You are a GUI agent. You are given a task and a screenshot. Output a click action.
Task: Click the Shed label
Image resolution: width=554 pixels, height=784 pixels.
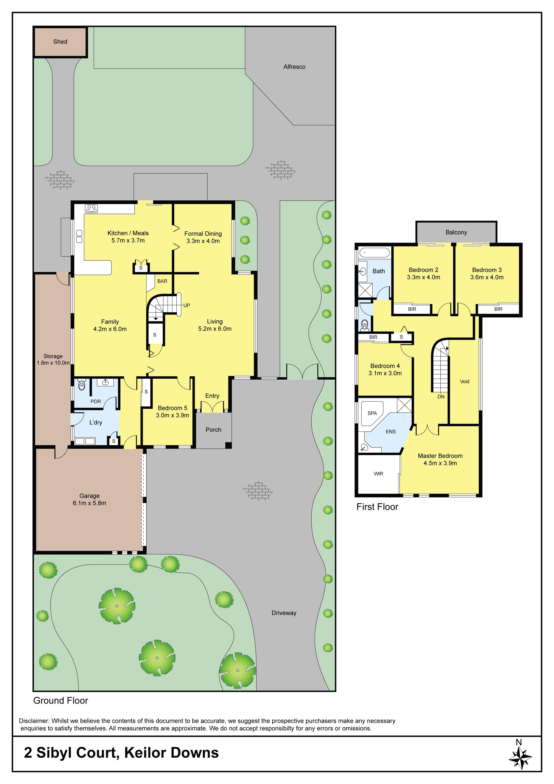point(60,42)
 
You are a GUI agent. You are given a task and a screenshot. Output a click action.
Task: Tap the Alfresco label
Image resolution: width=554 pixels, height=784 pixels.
point(294,67)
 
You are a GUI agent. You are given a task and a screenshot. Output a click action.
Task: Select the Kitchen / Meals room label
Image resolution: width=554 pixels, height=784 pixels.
point(128,233)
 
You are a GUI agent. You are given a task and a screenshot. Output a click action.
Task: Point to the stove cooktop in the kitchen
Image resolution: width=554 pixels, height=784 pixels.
point(91,208)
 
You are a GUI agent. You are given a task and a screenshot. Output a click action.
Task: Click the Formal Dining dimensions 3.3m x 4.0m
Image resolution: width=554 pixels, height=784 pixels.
point(203,241)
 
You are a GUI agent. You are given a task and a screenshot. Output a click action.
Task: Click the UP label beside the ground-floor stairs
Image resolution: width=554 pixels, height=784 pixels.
point(187,305)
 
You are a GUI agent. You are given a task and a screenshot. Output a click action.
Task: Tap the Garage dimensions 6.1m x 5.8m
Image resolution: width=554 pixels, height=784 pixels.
point(89,503)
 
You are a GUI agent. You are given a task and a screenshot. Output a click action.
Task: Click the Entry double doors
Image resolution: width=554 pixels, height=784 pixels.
point(212,407)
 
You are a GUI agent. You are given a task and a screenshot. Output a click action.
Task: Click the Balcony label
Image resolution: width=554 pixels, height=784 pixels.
point(456,232)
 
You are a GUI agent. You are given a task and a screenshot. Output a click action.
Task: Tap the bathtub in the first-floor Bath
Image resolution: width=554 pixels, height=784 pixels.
point(375,253)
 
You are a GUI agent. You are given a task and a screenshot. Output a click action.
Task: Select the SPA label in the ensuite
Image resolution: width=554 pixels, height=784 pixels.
point(372,413)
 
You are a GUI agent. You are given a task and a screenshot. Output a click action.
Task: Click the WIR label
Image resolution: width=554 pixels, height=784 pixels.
point(378,474)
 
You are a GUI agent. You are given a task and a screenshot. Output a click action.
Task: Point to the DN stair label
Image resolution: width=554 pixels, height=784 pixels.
point(441,397)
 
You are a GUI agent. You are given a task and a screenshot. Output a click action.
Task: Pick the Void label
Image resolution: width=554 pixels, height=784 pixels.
point(465,381)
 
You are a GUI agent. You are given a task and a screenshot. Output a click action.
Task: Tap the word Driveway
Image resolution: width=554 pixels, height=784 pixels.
point(284,613)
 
